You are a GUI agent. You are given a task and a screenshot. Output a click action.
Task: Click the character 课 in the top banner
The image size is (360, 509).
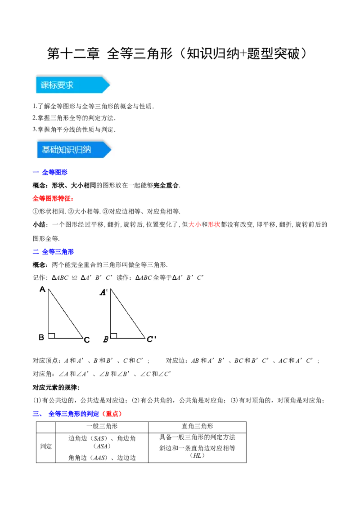click(x=45, y=85)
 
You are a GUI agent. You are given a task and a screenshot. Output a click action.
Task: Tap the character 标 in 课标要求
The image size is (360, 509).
click(x=53, y=85)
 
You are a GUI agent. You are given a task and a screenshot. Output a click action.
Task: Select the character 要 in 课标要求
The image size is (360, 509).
click(x=61, y=85)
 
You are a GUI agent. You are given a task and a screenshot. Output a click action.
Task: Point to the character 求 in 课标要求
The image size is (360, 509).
click(x=69, y=85)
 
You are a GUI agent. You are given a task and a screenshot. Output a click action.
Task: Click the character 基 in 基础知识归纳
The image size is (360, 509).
click(x=46, y=150)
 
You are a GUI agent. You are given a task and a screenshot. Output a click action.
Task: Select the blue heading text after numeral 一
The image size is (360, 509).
click(x=54, y=172)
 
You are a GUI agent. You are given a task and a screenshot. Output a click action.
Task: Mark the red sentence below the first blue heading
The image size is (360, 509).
click(x=54, y=198)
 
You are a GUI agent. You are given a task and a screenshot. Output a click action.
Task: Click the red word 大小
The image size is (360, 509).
click(x=194, y=224)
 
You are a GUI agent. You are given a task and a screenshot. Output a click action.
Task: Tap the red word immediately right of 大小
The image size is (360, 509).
click(x=213, y=224)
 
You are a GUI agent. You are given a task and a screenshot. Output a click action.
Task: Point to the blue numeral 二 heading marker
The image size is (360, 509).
click(x=36, y=252)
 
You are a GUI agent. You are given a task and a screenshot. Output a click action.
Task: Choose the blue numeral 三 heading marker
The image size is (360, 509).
click(x=36, y=414)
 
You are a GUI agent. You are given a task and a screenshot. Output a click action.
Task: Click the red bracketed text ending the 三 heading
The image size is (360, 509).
click(x=112, y=414)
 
